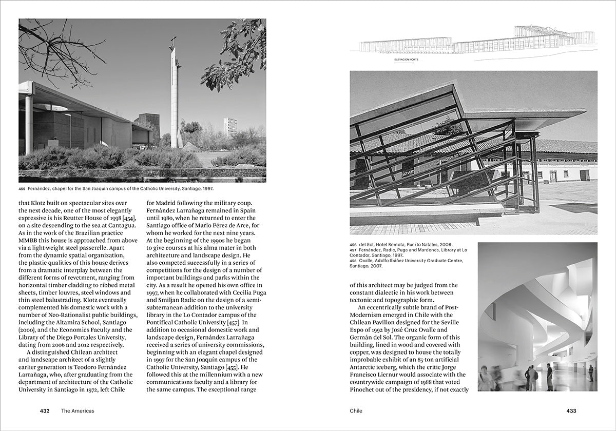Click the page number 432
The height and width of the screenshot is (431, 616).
coord(45,411)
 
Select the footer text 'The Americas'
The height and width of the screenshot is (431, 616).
coord(78,411)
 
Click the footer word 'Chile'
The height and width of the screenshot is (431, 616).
coord(356,411)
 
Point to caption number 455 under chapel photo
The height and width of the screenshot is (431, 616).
coord(22,188)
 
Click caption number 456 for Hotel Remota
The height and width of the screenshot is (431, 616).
coord(353,245)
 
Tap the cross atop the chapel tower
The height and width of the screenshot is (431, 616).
coord(174,41)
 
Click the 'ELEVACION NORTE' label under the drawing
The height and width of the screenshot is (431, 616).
coord(406,60)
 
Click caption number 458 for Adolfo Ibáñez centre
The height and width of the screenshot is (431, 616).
coord(353,261)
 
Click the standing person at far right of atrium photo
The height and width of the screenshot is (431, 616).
coord(590,373)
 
